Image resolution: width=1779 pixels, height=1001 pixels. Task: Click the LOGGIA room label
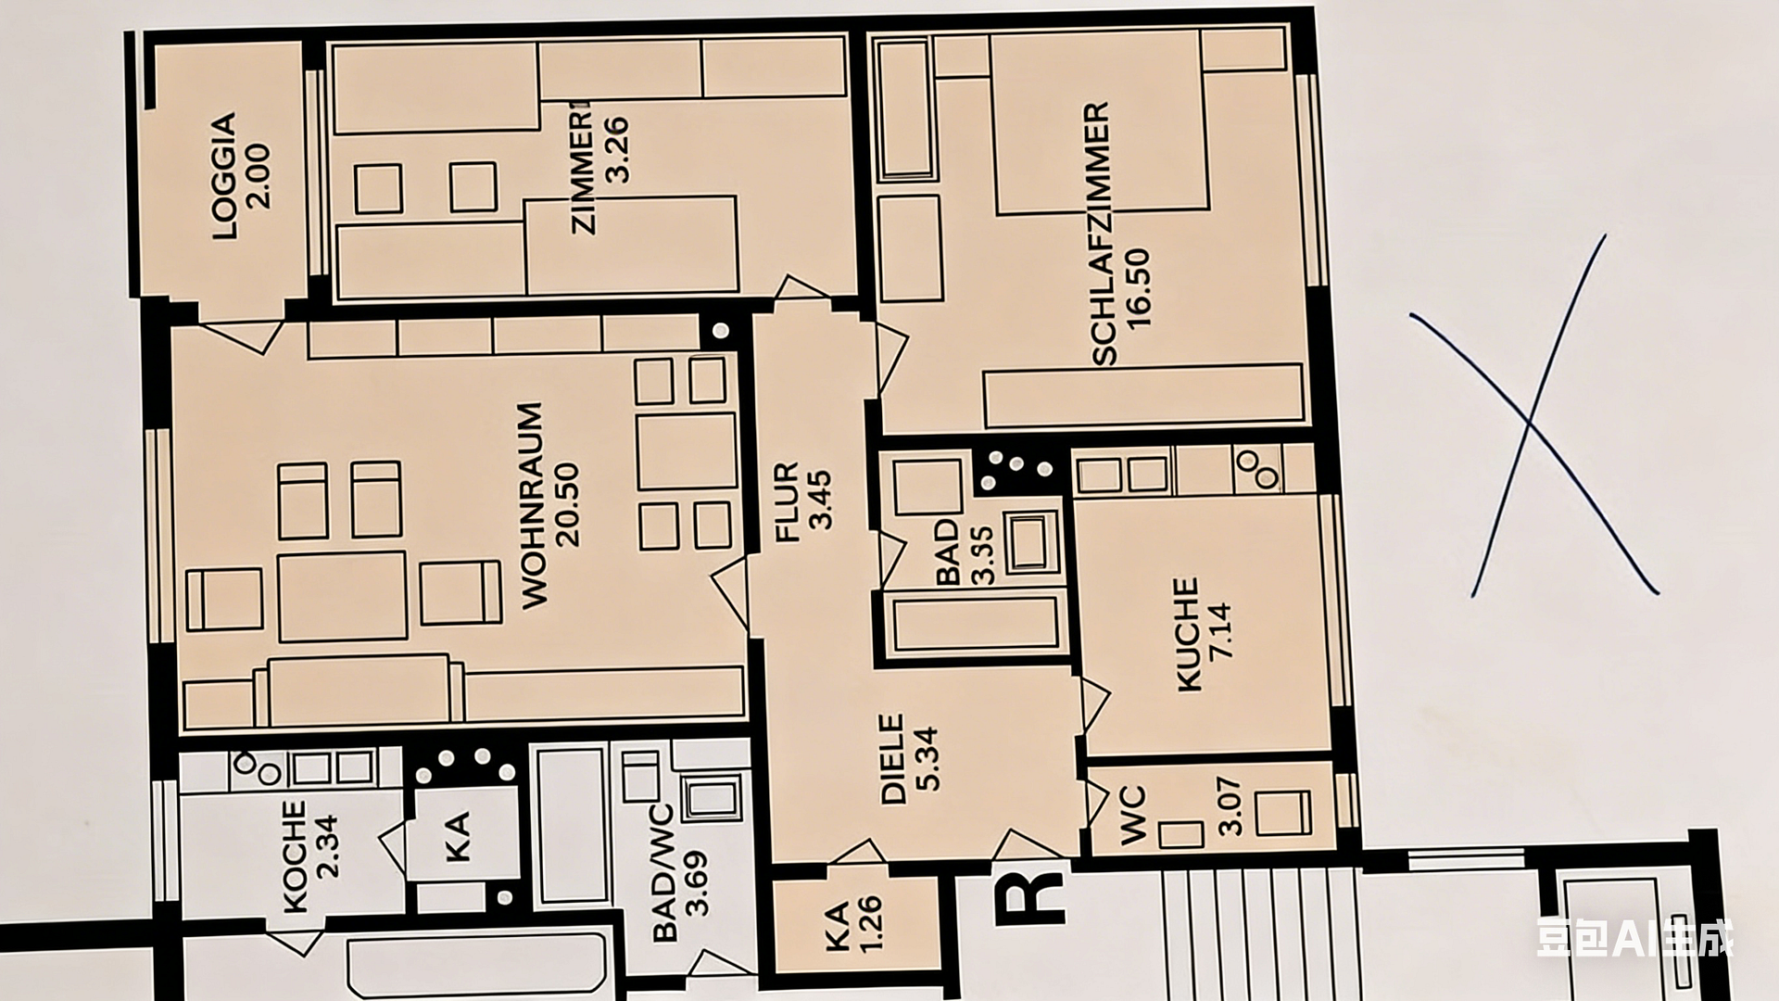[225, 176]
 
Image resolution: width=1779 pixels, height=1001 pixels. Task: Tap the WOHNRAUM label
[532, 505]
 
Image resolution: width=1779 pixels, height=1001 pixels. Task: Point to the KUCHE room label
[1187, 635]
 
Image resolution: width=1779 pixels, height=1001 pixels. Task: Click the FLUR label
[787, 501]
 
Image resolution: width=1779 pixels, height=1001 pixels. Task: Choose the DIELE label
[892, 758]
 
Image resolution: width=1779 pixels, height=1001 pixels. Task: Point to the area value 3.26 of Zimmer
[617, 149]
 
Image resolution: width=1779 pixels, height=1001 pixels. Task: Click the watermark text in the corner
[1634, 937]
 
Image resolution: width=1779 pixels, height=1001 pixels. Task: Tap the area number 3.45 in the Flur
[821, 501]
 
